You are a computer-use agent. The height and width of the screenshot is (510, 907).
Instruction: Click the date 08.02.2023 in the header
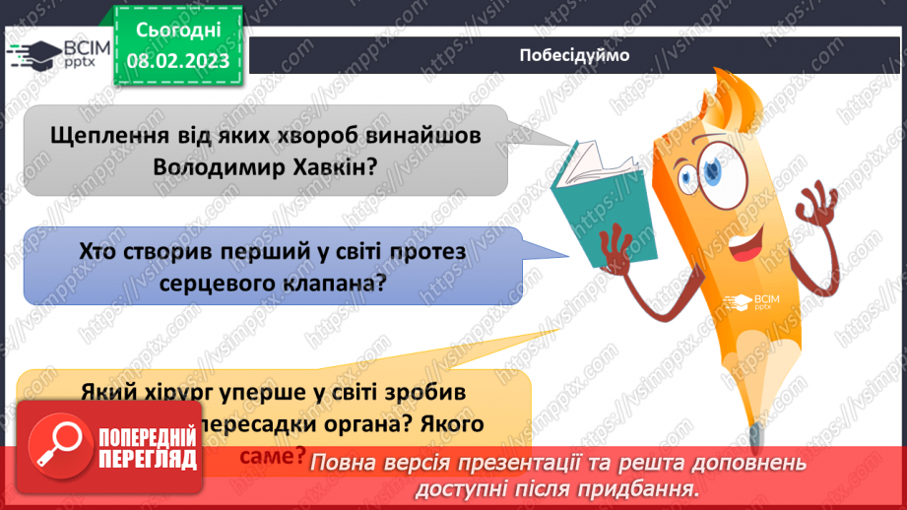click(x=178, y=59)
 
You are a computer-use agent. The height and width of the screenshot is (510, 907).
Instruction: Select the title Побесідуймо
click(x=574, y=55)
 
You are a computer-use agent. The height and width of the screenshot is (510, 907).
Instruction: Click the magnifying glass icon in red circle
click(x=58, y=442)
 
